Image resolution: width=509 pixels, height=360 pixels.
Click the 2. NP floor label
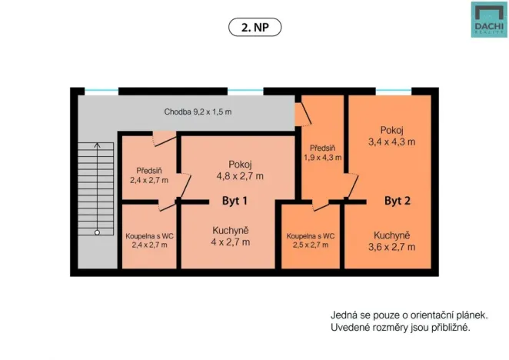tap(254, 27)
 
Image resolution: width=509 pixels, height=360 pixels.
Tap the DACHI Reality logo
tap(489, 19)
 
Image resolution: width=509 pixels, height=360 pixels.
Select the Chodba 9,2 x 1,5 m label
tap(198, 112)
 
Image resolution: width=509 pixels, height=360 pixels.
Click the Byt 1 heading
tap(235, 201)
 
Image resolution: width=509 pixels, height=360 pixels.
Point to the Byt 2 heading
tap(398, 201)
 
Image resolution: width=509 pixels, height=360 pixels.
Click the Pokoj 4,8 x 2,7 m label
tap(240, 170)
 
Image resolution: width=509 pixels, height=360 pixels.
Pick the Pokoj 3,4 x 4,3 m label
tap(392, 136)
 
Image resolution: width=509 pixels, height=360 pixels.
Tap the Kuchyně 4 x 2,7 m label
tap(231, 236)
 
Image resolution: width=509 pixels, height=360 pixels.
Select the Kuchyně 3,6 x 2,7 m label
tap(392, 241)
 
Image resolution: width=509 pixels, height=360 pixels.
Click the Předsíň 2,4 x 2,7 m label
tap(149, 175)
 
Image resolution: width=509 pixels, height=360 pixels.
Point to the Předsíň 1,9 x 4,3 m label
tap(322, 153)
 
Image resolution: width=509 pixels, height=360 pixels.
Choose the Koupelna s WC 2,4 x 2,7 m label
tap(149, 241)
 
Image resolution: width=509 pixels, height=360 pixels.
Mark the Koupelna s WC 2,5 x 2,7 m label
tap(311, 241)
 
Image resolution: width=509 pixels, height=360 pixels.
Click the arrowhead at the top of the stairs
tap(97, 145)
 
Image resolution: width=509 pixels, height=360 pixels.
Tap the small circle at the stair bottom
tap(97, 232)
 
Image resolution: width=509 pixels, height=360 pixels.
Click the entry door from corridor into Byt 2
tap(303, 115)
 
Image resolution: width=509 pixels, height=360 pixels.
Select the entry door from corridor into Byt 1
tap(165, 138)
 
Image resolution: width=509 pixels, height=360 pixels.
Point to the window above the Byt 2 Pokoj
tap(394, 91)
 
